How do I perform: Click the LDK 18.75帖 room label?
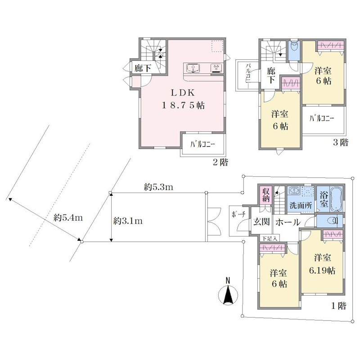(183, 99)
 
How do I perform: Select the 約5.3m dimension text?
(158, 187)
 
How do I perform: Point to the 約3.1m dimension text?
(128, 221)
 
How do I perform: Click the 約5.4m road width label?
(68, 217)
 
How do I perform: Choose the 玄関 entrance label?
(261, 222)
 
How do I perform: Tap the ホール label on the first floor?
(288, 222)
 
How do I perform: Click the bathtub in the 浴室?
(336, 198)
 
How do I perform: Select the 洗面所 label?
(301, 205)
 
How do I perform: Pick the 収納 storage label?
(266, 195)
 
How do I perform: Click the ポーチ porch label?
(238, 215)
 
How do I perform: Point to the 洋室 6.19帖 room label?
(322, 264)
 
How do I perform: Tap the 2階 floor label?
(220, 162)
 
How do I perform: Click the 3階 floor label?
(341, 143)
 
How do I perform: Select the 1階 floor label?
(338, 306)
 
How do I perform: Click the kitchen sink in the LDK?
(193, 68)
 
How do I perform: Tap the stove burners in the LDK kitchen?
(216, 68)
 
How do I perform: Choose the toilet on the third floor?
(294, 47)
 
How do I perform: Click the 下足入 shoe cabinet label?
(269, 238)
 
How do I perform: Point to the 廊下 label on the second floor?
(143, 68)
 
